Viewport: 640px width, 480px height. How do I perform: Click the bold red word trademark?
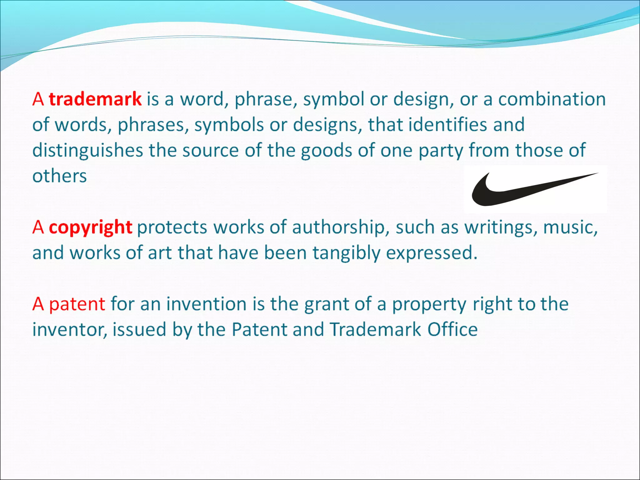pyautogui.click(x=95, y=99)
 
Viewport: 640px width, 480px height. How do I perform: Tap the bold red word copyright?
pyautogui.click(x=91, y=227)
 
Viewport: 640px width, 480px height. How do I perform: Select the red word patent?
pyautogui.click(x=77, y=304)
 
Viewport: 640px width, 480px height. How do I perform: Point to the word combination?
pyautogui.click(x=552, y=99)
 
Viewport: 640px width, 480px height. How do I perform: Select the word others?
pyautogui.click(x=59, y=176)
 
